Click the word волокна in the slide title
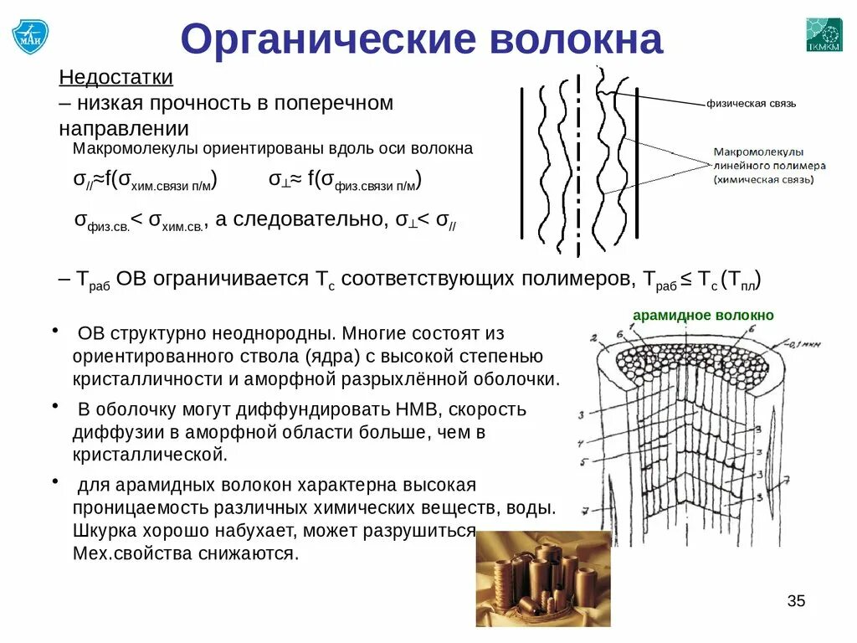click(x=577, y=39)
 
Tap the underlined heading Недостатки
click(x=115, y=78)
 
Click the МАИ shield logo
click(x=30, y=34)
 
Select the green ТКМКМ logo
click(x=824, y=35)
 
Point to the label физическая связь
click(x=751, y=104)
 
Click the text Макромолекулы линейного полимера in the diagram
click(x=769, y=159)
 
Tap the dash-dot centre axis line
click(x=577, y=167)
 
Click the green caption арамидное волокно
click(x=703, y=316)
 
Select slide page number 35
click(x=796, y=601)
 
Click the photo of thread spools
click(x=542, y=578)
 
